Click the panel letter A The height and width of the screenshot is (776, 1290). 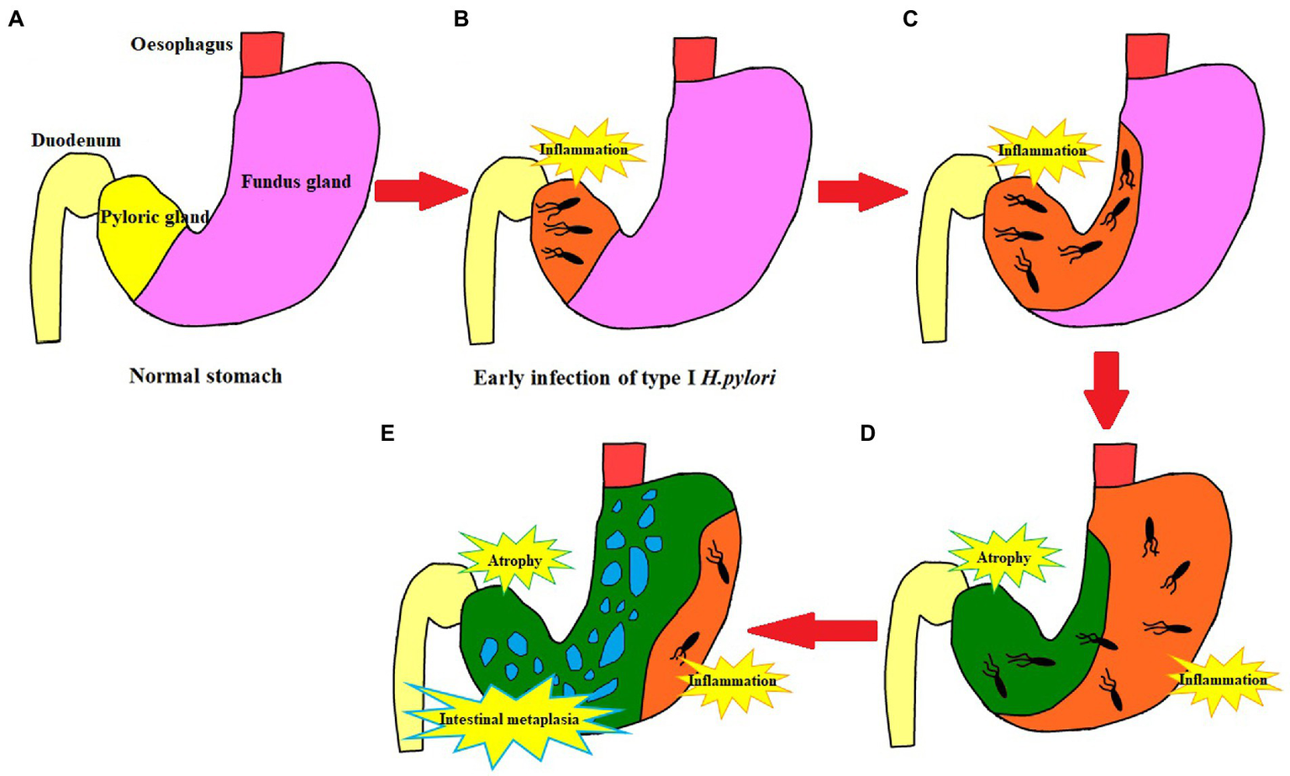coord(16,18)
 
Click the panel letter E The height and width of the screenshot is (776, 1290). coord(387,433)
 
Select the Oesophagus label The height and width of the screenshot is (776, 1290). coord(182,45)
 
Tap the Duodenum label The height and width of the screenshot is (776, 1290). coord(76,140)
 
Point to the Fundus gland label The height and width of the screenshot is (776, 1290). coord(296,181)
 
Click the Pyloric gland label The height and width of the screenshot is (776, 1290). coord(155,218)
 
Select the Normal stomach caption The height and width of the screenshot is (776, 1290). coord(205,376)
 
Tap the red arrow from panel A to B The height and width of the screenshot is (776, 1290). coord(419,191)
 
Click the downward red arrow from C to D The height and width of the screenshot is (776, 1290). coord(1106,389)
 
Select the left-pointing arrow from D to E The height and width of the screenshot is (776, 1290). coord(812,630)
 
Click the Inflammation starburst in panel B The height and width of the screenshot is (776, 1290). coord(584,150)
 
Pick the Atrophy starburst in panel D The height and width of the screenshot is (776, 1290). coord(1003,558)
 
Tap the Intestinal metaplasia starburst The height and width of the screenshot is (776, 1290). coord(509,719)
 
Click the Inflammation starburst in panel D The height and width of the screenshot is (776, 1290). coord(1222,679)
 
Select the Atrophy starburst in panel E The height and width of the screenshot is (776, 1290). coord(514,560)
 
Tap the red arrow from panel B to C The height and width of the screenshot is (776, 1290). coord(862,192)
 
